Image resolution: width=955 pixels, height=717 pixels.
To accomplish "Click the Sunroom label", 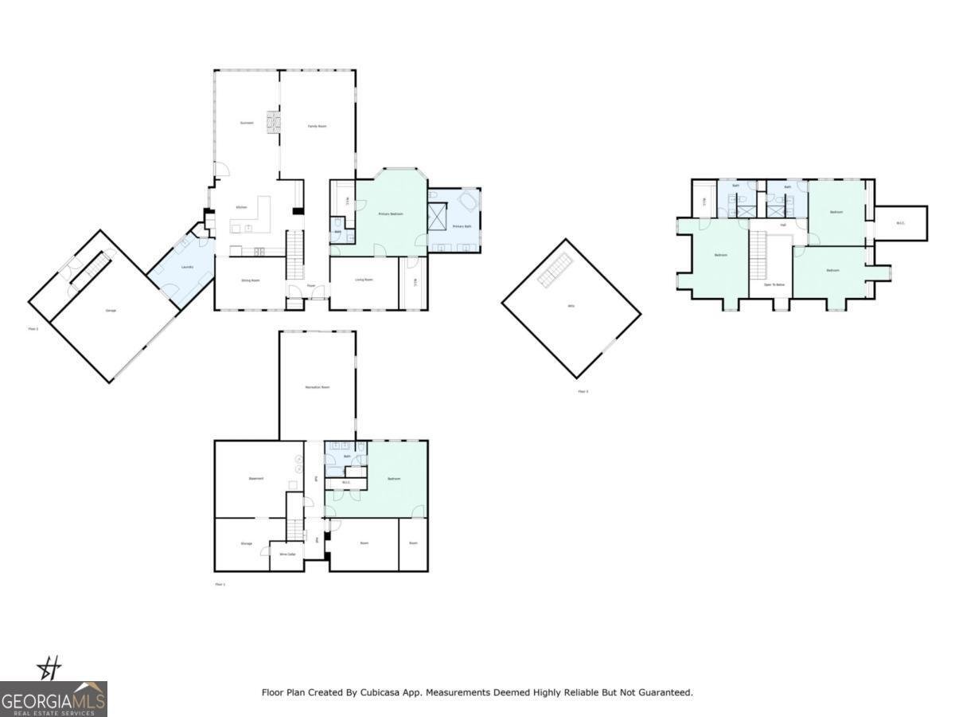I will click(x=247, y=123).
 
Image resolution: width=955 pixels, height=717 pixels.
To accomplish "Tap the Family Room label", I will click(x=318, y=126).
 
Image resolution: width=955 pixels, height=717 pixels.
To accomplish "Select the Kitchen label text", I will click(x=240, y=207).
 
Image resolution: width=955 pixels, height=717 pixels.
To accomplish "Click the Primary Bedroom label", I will click(x=390, y=214).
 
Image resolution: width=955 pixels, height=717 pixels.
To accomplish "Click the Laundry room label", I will click(x=188, y=267).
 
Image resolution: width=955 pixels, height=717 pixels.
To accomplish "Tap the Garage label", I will click(x=111, y=310).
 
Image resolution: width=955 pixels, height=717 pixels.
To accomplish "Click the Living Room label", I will click(x=364, y=280).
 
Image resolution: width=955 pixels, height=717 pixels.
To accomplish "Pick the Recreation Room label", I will click(x=317, y=387).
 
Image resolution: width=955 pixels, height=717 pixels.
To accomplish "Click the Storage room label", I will click(x=247, y=543).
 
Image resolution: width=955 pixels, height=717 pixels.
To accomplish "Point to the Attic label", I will click(x=571, y=306).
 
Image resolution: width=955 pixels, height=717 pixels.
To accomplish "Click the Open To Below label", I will click(x=774, y=284).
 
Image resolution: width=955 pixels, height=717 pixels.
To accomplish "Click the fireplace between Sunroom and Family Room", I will click(x=273, y=122).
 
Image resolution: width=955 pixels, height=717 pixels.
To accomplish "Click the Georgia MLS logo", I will click(x=53, y=699).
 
